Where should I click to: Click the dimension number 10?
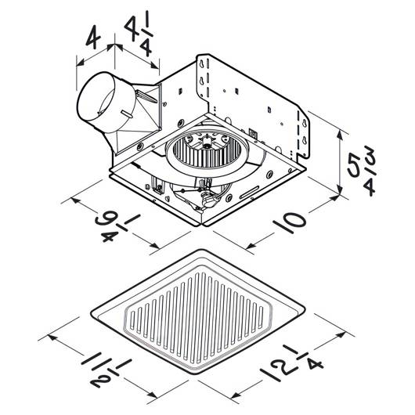290,222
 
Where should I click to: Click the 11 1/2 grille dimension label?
107,370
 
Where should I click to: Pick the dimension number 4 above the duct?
93,38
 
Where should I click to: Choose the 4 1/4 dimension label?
139,34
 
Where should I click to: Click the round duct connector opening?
96,102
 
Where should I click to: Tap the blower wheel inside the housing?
204,153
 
